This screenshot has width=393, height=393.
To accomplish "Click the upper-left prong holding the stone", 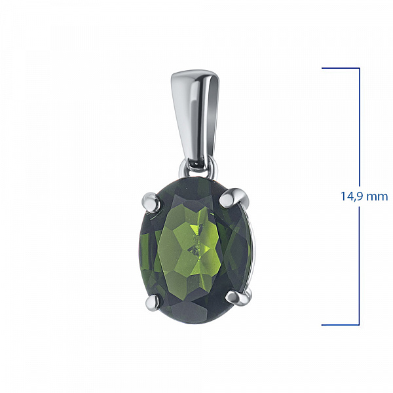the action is [151, 202].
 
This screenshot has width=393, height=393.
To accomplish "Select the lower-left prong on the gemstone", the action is [154, 303].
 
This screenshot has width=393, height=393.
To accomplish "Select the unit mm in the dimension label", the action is [379, 197].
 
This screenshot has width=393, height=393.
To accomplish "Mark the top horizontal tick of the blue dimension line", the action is [341, 68].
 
